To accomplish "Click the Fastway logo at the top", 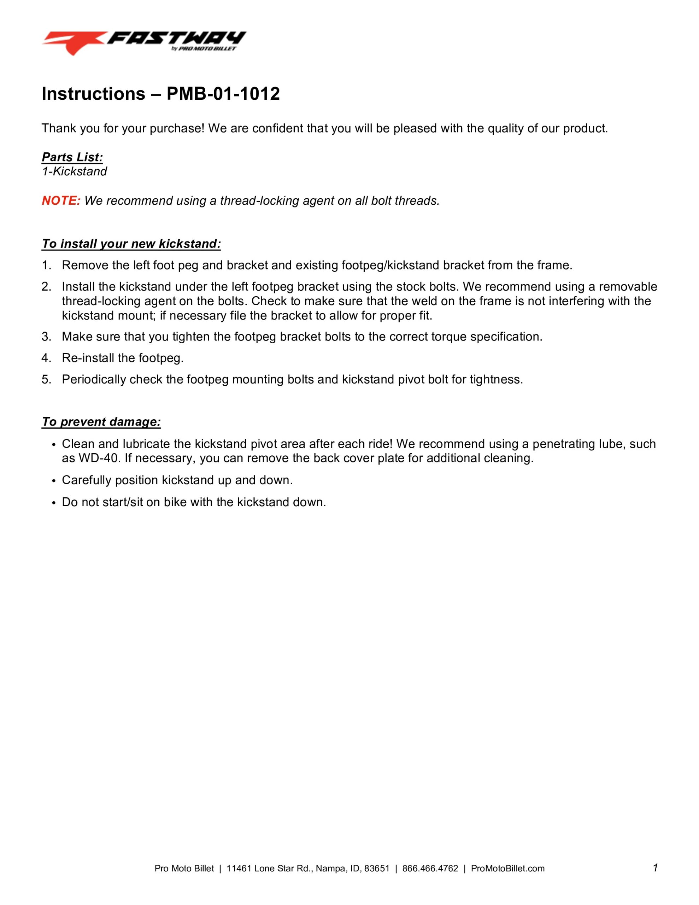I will [144, 43].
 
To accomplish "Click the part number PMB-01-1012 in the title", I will [223, 94].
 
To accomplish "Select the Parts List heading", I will [72, 157].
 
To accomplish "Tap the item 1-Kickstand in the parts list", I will [74, 171].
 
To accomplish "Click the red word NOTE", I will [61, 201].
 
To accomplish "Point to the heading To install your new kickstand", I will [131, 244].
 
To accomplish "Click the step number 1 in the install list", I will [46, 265].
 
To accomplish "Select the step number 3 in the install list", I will [46, 337].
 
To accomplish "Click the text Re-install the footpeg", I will [123, 358].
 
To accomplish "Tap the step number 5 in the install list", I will [46, 380].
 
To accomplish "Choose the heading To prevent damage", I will [101, 422].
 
